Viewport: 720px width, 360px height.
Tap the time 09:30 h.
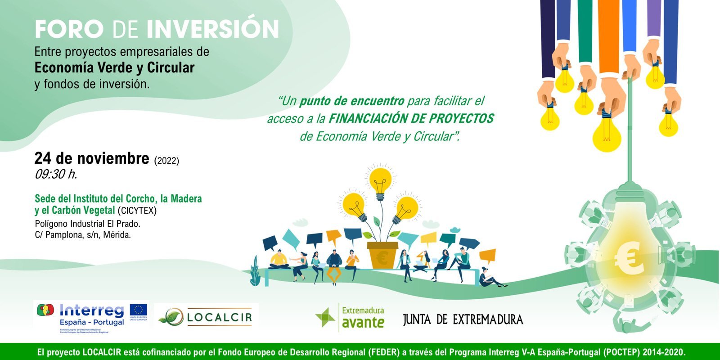56,175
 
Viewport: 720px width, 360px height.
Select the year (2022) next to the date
166,161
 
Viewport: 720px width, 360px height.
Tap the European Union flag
138,310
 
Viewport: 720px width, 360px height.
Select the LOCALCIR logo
207,317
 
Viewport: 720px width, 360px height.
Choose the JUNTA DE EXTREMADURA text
463,319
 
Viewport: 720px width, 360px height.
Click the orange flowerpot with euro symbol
382,256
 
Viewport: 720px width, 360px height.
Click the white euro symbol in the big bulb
629,261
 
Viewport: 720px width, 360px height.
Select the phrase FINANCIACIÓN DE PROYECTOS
411,119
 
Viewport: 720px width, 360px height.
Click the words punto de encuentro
352,101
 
